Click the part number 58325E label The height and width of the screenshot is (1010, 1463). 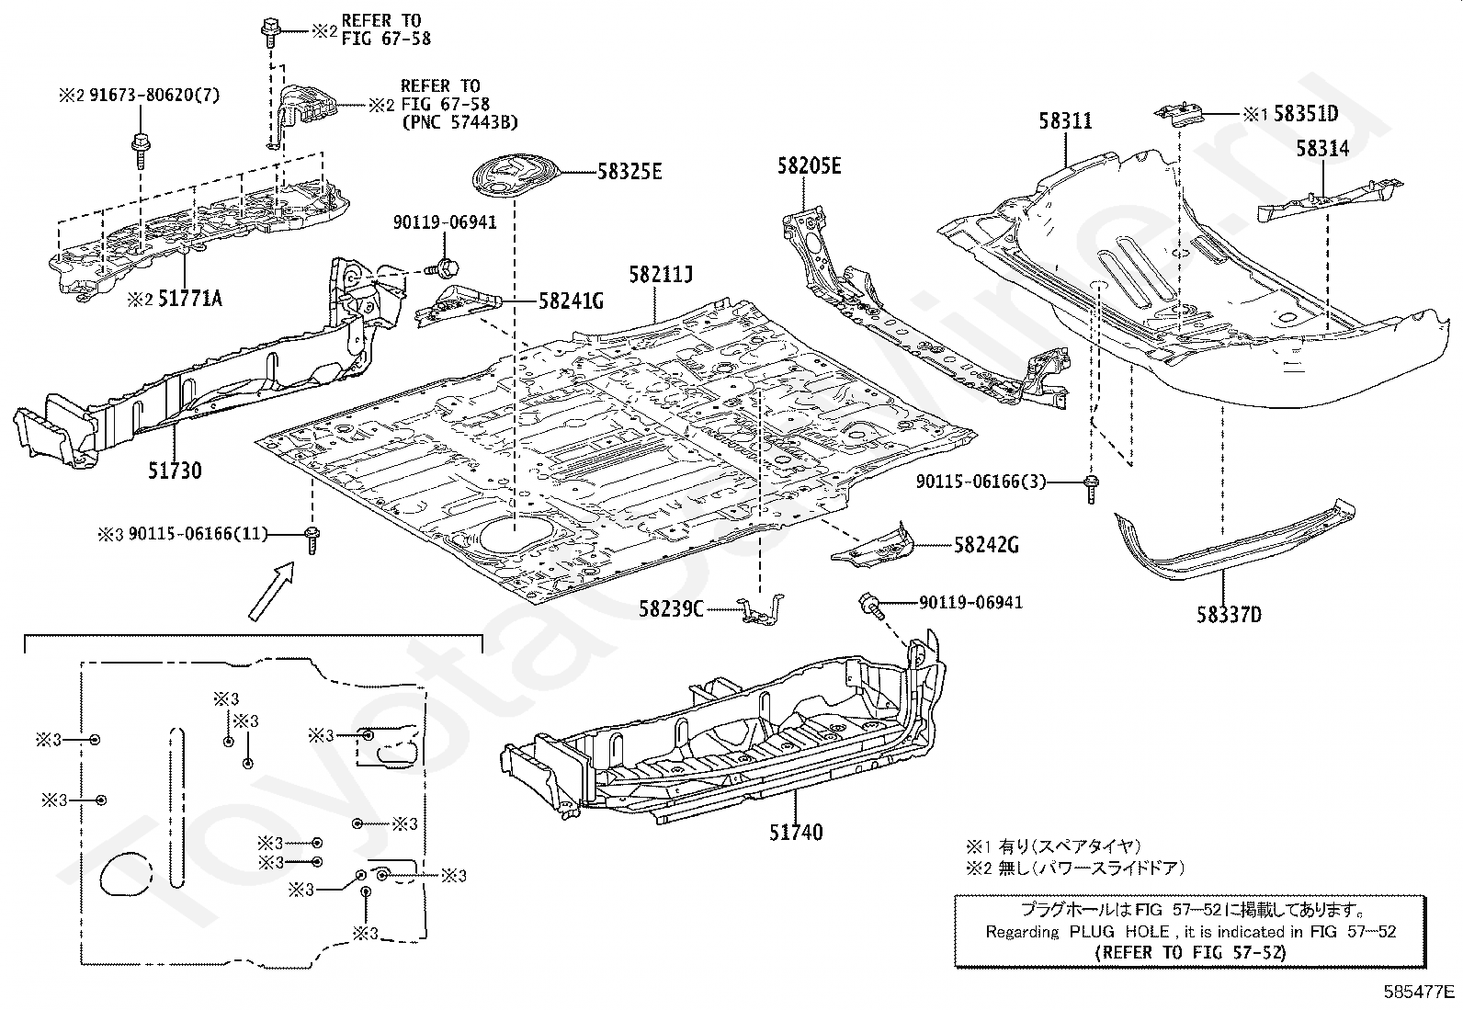[x=629, y=172]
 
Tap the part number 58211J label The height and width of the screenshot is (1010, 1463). [x=661, y=275]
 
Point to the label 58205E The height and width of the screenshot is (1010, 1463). [x=810, y=166]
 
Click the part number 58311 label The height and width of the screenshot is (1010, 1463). [x=1065, y=121]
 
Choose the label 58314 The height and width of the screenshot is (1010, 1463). [x=1322, y=148]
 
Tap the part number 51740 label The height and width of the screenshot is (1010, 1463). [x=796, y=833]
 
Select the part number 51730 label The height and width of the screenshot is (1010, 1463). [x=175, y=471]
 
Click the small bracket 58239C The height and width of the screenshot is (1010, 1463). [x=761, y=610]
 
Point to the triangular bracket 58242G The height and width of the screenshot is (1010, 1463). [x=873, y=546]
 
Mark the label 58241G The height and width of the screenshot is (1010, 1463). [x=571, y=301]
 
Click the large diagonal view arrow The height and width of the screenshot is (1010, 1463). [x=271, y=591]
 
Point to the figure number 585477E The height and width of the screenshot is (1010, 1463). [x=1419, y=991]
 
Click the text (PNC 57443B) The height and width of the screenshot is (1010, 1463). [x=459, y=122]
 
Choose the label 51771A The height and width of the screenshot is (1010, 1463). [x=190, y=299]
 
